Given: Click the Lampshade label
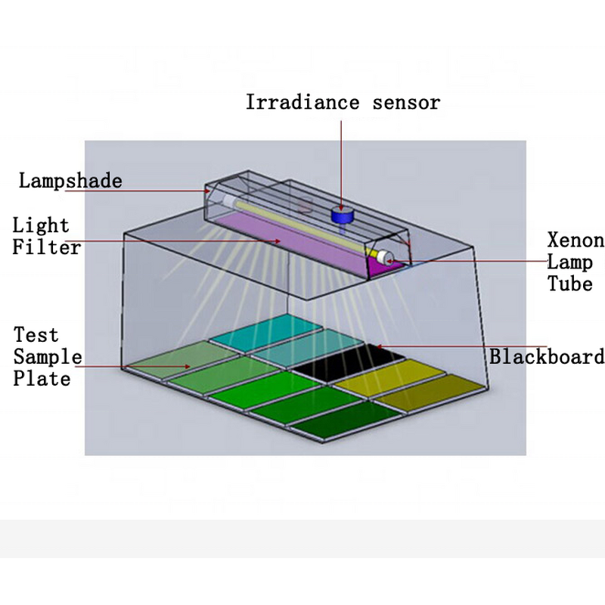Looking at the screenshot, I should tap(70, 181).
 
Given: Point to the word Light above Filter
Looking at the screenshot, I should tap(41, 225).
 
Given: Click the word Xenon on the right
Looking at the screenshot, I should tap(576, 241).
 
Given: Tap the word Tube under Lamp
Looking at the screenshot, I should tap(570, 284).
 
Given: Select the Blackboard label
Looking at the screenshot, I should tap(546, 356).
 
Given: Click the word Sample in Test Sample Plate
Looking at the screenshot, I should tap(47, 356).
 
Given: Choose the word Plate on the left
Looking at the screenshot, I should tap(42, 378).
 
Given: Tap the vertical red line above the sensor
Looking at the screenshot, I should tap(341, 159).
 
